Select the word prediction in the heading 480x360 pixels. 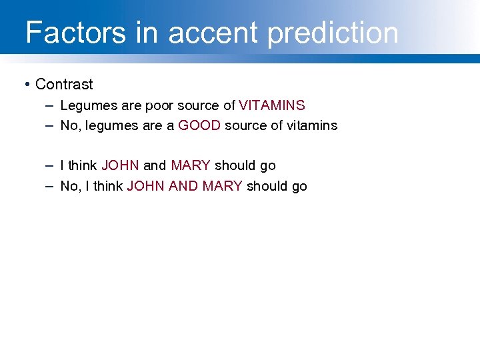click(333, 33)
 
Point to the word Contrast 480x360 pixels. click(64, 85)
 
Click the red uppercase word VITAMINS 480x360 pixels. click(272, 105)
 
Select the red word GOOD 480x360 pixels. click(199, 125)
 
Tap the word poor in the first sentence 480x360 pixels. click(159, 105)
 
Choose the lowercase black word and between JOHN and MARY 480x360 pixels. click(155, 165)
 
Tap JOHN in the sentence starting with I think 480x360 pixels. click(120, 165)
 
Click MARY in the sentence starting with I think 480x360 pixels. click(191, 165)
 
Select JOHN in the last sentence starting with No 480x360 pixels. click(145, 186)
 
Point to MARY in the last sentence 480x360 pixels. click(222, 186)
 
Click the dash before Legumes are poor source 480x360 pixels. click(51, 105)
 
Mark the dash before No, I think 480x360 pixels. click(51, 186)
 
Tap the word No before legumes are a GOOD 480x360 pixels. click(69, 125)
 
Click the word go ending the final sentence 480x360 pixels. click(299, 187)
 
